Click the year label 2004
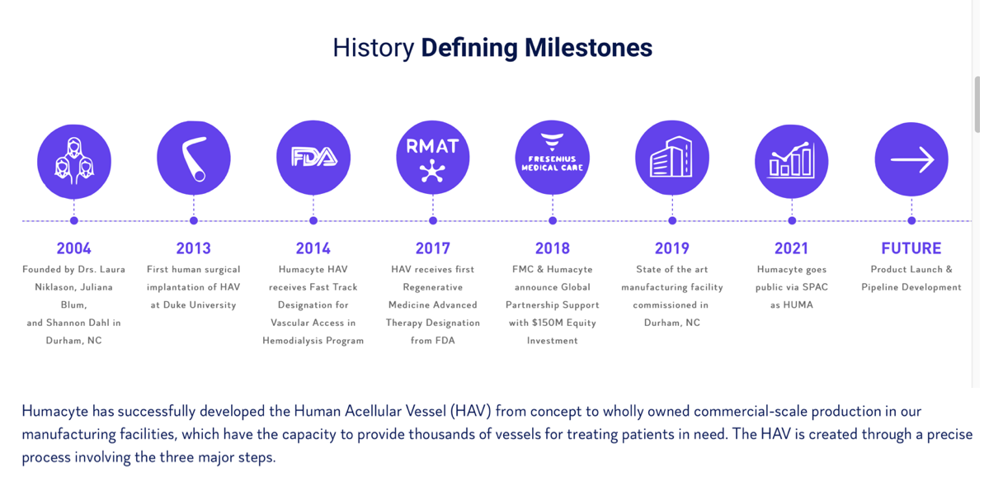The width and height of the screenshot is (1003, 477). pyautogui.click(x=74, y=248)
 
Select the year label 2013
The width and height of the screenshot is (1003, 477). pyautogui.click(x=194, y=248)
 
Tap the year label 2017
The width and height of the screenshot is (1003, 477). pyautogui.click(x=433, y=248)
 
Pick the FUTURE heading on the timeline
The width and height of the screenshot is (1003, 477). pyautogui.click(x=911, y=248)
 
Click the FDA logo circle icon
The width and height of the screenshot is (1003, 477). pyautogui.click(x=313, y=157)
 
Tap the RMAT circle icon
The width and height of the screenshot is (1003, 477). pyautogui.click(x=433, y=157)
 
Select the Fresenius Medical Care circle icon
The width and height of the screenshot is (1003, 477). pyautogui.click(x=553, y=157)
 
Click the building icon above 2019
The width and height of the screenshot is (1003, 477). pyautogui.click(x=672, y=157)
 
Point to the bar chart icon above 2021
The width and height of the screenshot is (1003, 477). pyautogui.click(x=792, y=161)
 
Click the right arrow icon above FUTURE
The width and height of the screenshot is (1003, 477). pyautogui.click(x=911, y=159)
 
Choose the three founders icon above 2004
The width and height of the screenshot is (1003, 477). pyautogui.click(x=74, y=162)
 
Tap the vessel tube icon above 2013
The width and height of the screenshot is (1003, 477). pyautogui.click(x=194, y=158)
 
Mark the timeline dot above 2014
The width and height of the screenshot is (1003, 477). pyautogui.click(x=313, y=220)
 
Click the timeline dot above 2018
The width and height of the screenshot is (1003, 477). pyautogui.click(x=553, y=220)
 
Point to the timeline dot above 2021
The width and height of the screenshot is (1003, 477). pyautogui.click(x=792, y=220)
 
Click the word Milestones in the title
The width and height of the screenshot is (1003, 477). pyautogui.click(x=588, y=48)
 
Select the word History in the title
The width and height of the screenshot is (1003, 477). pyautogui.click(x=374, y=49)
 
